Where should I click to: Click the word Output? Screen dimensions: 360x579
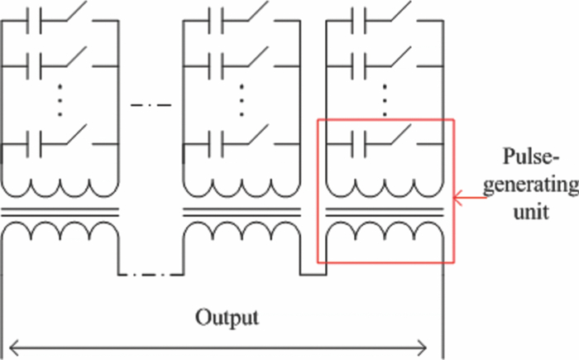click(x=227, y=317)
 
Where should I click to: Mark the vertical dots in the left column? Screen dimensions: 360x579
click(x=60, y=98)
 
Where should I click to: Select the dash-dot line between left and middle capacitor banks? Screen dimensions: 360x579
click(x=150, y=104)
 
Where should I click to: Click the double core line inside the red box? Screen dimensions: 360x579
click(x=384, y=210)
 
